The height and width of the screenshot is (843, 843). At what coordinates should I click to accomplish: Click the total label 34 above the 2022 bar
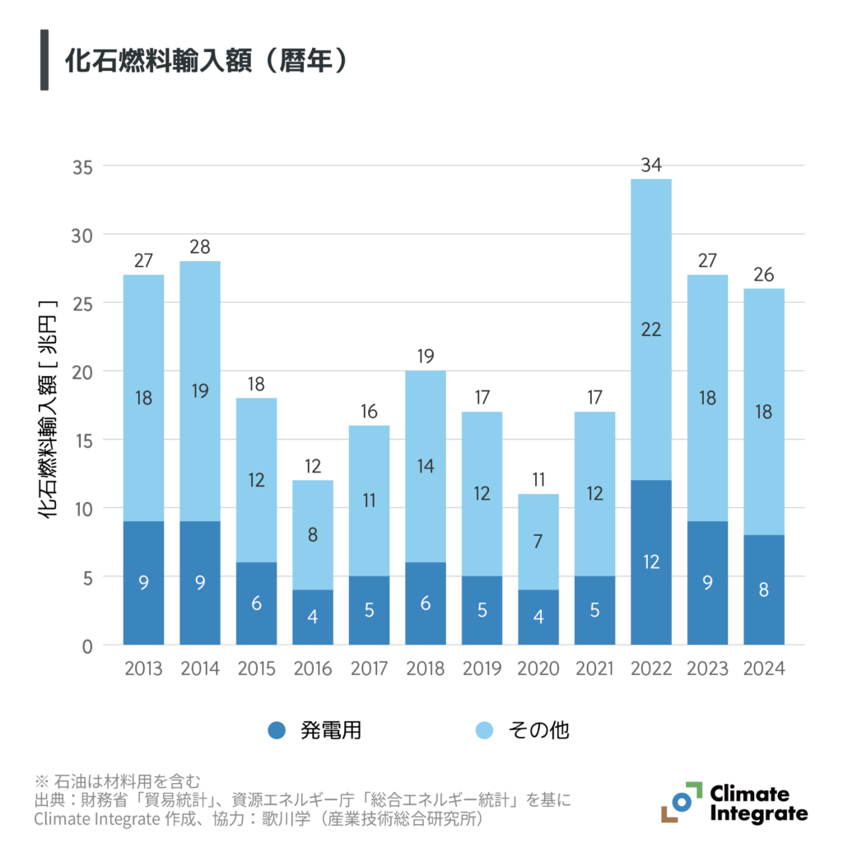tap(651, 165)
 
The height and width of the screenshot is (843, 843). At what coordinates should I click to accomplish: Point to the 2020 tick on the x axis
tap(538, 668)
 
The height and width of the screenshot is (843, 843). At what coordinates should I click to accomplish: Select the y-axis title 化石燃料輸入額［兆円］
tap(48, 409)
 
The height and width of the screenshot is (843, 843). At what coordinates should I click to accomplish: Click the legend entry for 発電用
tap(314, 729)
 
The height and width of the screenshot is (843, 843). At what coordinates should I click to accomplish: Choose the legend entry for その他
tap(522, 729)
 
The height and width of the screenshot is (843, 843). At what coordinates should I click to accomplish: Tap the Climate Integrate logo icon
tap(680, 802)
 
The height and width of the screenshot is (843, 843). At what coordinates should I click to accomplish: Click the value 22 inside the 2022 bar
tap(651, 329)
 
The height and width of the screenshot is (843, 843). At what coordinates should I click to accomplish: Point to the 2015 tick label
tap(256, 668)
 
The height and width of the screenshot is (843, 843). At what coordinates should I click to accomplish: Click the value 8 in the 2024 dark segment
tap(764, 590)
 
